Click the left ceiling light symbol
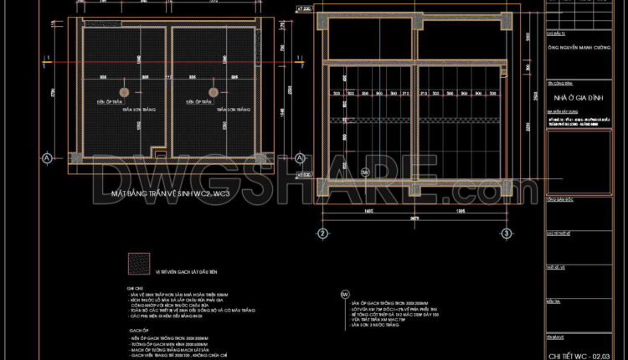(x=124, y=91)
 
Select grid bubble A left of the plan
(x=47, y=157)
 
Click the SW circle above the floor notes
(x=344, y=295)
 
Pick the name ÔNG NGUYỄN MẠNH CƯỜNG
(x=579, y=49)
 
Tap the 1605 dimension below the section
(x=367, y=213)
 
